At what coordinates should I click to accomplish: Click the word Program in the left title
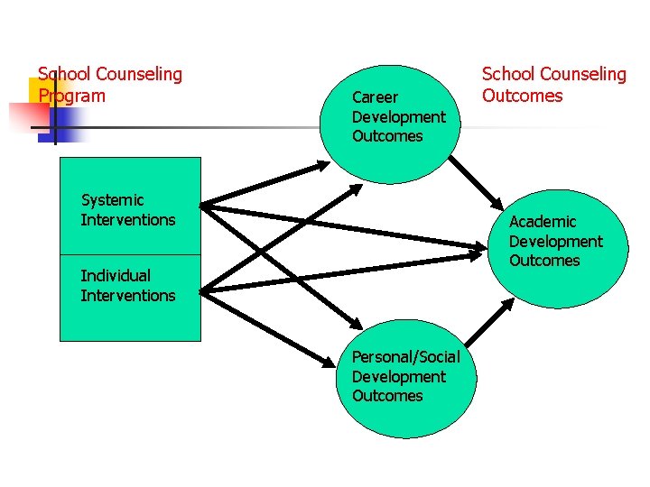click(71, 96)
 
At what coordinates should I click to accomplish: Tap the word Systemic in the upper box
click(112, 200)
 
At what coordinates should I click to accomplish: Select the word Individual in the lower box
click(116, 276)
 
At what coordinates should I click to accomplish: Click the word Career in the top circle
click(375, 97)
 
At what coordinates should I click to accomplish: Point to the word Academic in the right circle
click(542, 222)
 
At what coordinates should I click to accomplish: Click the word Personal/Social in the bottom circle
click(405, 357)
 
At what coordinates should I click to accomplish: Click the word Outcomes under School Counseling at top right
click(522, 96)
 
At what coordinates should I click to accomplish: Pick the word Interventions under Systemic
click(128, 220)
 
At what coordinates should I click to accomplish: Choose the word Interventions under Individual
click(128, 296)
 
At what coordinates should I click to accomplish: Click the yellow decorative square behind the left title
click(45, 90)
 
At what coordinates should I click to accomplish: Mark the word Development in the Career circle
click(398, 117)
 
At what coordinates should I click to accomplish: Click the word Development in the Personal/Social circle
click(398, 377)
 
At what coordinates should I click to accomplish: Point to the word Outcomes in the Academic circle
click(543, 261)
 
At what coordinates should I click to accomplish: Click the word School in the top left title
click(64, 75)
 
